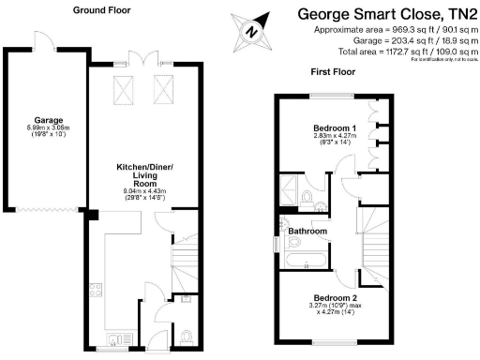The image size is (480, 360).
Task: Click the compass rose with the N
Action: pos(250,31)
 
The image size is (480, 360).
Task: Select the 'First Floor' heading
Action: pos(333,71)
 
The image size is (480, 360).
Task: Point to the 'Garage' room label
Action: pos(49,120)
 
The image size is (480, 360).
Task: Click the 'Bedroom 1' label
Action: pos(335,127)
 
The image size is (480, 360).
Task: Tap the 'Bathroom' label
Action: pos(307,231)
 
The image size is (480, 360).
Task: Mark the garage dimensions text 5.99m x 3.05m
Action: pos(49,128)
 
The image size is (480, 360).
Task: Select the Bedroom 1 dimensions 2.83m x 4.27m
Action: pos(335,137)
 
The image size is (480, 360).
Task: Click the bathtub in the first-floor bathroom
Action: pos(306,258)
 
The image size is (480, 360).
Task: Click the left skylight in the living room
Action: pos(124,89)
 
